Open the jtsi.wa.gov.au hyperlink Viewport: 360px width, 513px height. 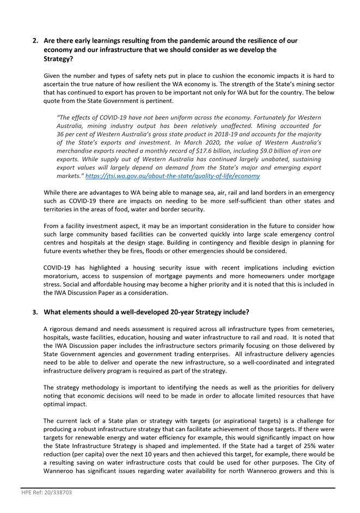click(172, 176)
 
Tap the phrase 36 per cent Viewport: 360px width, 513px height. click(74, 134)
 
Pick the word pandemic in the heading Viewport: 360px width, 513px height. click(181, 41)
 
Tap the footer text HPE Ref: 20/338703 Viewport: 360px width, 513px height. click(47, 492)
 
